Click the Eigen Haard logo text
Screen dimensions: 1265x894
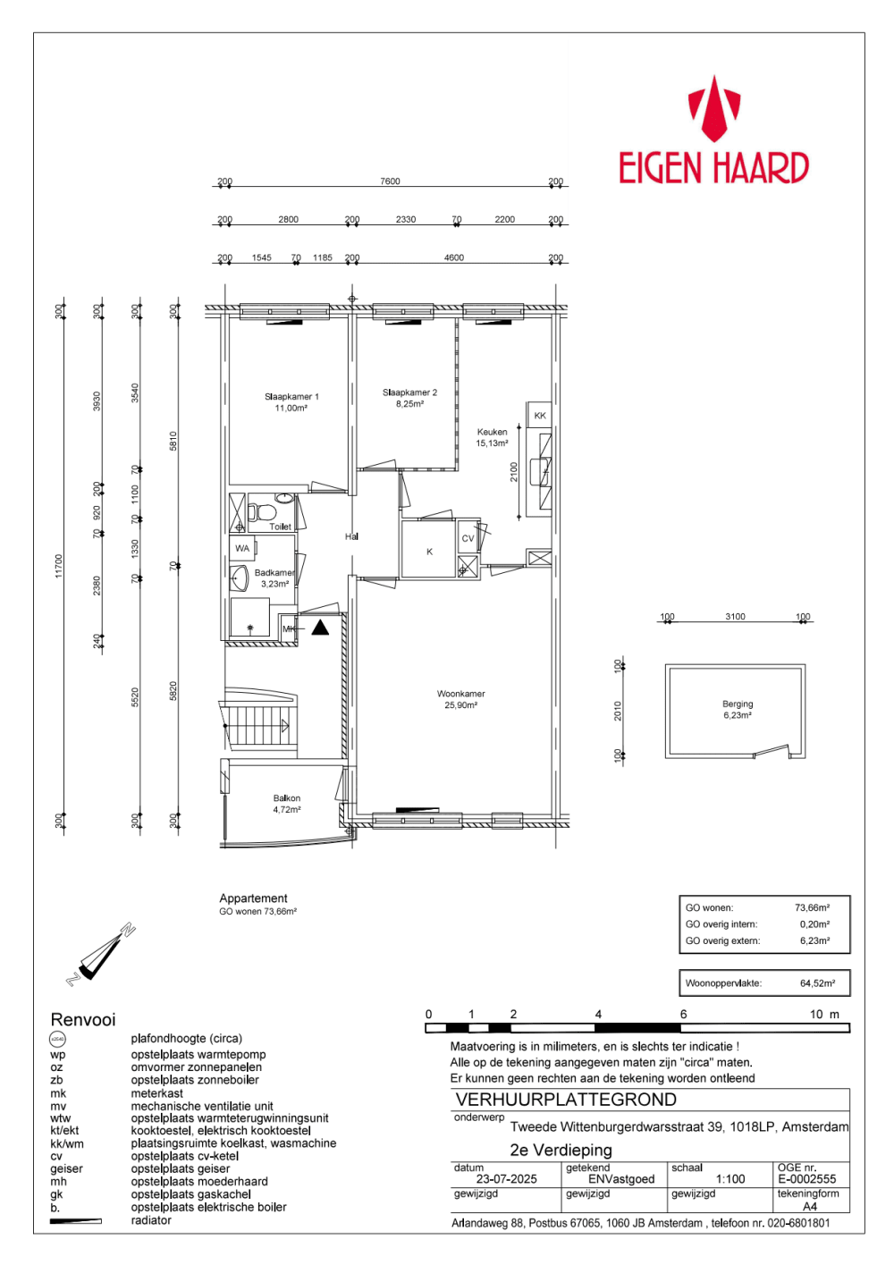tap(713, 168)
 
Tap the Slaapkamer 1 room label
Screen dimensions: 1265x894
tap(291, 402)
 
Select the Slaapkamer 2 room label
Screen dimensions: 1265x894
tap(409, 398)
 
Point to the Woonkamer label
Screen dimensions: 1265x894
tap(461, 699)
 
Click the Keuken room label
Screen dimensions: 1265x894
tap(492, 437)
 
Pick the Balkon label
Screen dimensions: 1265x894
tap(287, 804)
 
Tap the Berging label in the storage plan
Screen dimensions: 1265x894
tap(738, 710)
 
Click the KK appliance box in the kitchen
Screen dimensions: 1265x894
tap(540, 416)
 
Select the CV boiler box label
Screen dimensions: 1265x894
tap(468, 538)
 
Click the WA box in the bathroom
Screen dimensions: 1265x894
tap(242, 548)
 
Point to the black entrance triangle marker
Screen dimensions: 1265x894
tap(320, 628)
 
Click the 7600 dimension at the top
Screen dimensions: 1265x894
tap(390, 181)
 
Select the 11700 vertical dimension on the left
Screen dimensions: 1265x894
tap(59, 565)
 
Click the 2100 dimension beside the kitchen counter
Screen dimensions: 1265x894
tap(514, 471)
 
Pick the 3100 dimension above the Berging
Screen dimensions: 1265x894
tap(735, 617)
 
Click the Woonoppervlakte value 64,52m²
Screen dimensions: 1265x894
tap(817, 983)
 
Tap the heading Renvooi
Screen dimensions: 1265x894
tap(83, 1020)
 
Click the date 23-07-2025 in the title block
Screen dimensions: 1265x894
tap(506, 1179)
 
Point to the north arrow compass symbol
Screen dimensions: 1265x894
tap(100, 956)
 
